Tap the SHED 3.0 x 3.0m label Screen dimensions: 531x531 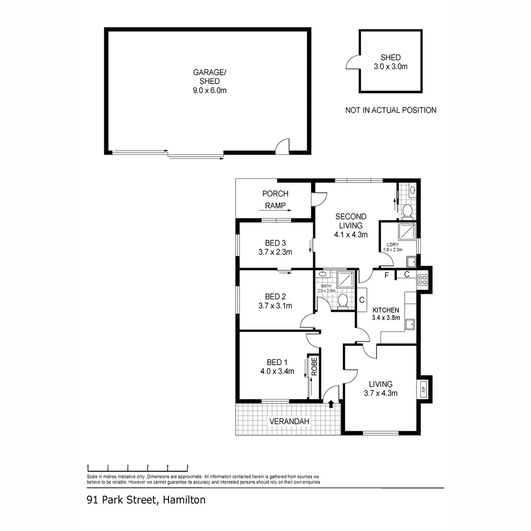(x=390, y=61)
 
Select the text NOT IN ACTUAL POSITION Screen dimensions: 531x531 (x=390, y=110)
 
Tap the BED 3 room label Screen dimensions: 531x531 (x=275, y=243)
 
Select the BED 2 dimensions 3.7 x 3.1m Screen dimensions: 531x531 (x=275, y=305)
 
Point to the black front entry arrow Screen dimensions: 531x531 (x=331, y=404)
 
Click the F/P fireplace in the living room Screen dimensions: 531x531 (x=423, y=390)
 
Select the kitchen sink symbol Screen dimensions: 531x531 (x=410, y=324)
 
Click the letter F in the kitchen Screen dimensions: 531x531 (x=387, y=275)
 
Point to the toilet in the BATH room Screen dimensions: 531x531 (x=343, y=300)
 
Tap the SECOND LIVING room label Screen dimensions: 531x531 (x=351, y=225)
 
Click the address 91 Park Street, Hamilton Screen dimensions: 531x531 (x=146, y=500)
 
